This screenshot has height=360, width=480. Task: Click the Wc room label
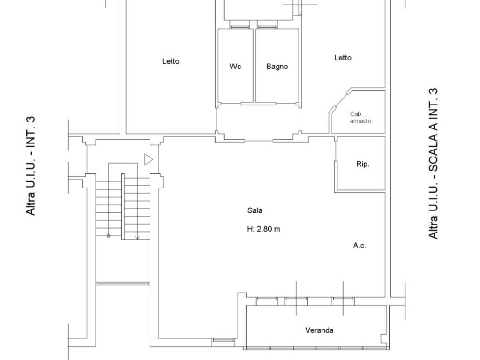(x=235, y=67)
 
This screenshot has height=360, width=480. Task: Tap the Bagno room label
(x=277, y=67)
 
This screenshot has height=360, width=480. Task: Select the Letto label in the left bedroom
(x=171, y=61)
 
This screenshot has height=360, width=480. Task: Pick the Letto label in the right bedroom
(x=343, y=58)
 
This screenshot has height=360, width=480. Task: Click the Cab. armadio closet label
(x=360, y=118)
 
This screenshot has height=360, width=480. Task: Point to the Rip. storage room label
(x=363, y=164)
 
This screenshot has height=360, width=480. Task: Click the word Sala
(x=255, y=210)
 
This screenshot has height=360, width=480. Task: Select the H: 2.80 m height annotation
(x=263, y=229)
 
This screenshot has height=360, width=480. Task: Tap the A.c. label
(x=360, y=245)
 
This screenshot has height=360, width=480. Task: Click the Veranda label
(x=319, y=330)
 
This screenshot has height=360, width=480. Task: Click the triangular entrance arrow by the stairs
(x=149, y=159)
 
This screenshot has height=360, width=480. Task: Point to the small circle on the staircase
(x=108, y=236)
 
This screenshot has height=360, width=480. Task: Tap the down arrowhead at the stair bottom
(x=137, y=237)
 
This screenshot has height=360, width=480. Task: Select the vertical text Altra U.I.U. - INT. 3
(x=31, y=165)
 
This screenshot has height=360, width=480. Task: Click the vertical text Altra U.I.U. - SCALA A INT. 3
(x=433, y=164)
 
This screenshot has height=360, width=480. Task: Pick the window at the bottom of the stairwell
(x=123, y=284)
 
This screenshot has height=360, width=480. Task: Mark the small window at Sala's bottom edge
(x=224, y=340)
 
